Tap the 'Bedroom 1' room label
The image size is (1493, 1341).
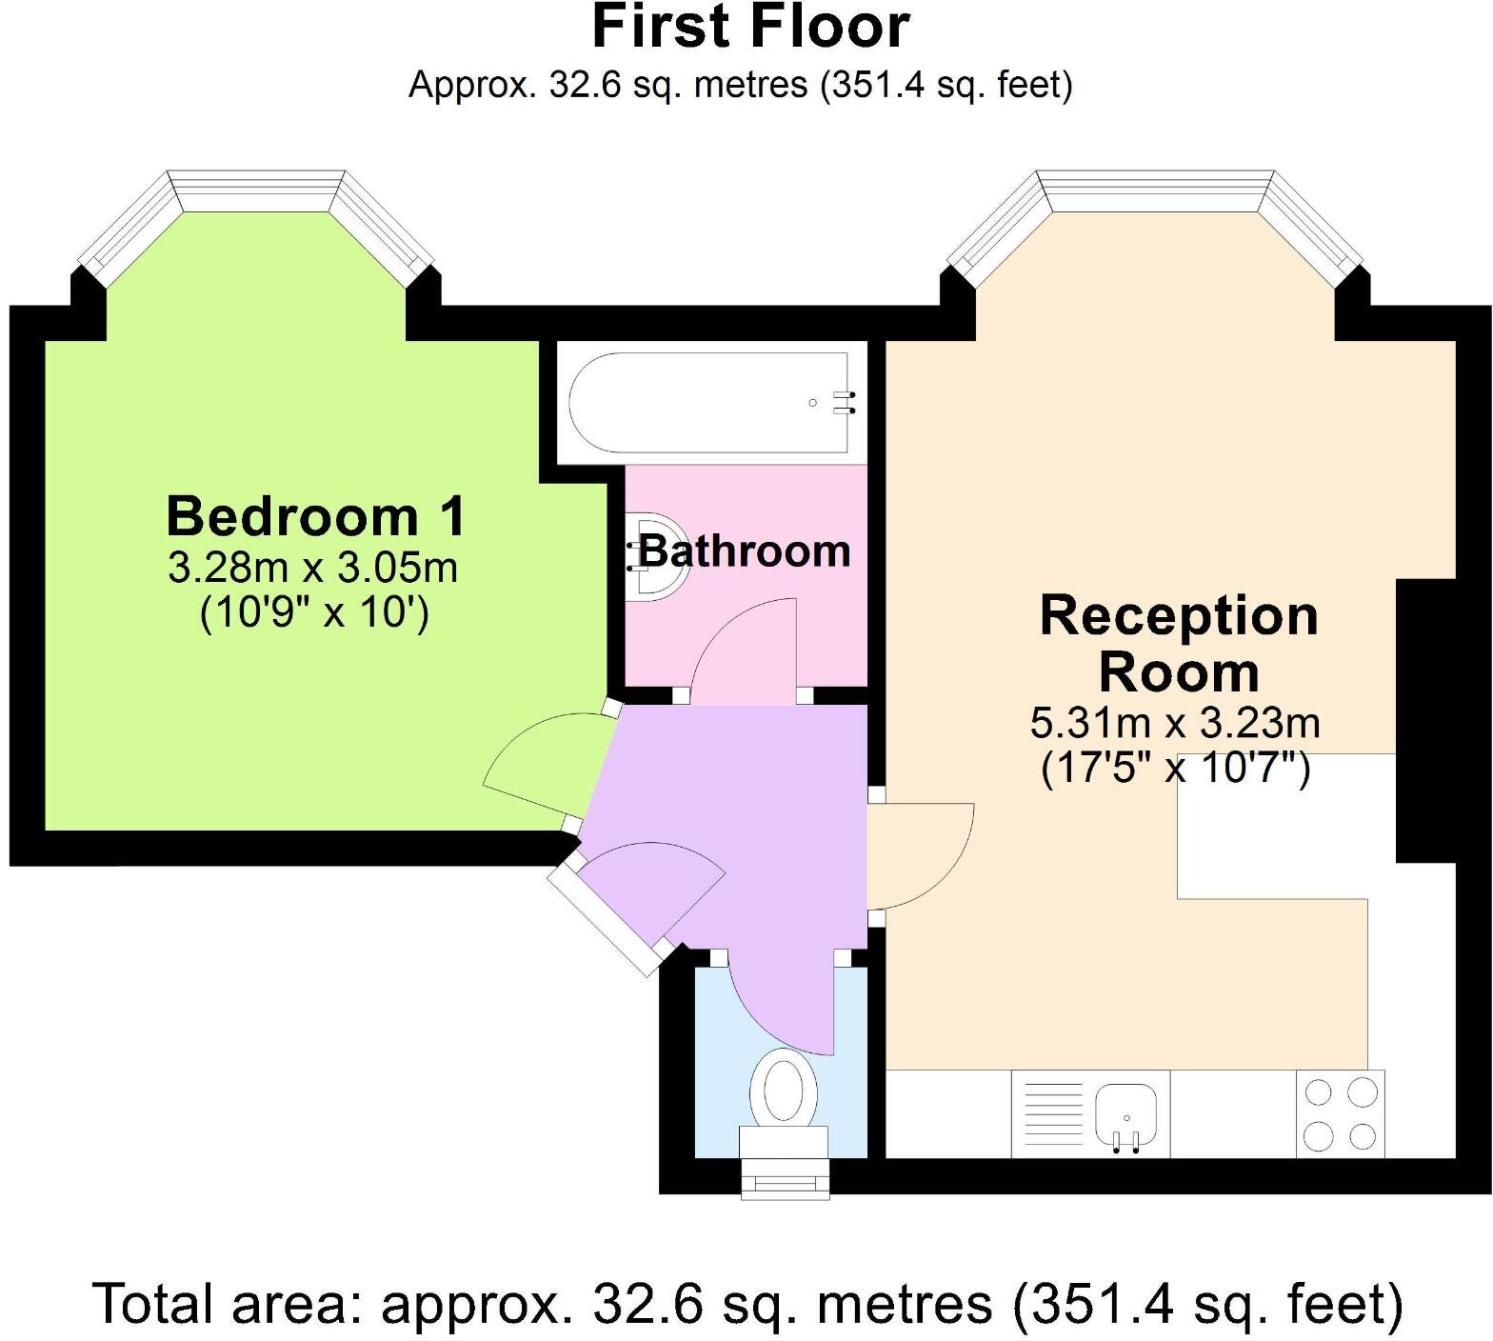(x=315, y=516)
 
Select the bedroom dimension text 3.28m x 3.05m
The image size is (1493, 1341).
(x=313, y=569)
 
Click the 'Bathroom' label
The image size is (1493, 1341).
(x=745, y=551)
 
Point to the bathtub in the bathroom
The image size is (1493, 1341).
(x=709, y=403)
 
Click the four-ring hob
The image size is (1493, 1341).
(x=1341, y=1113)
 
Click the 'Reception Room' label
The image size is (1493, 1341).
(x=1179, y=644)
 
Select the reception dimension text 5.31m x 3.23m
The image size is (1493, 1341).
(x=1175, y=724)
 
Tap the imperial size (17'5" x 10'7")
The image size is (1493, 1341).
(x=1175, y=768)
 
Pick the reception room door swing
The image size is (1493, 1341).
(x=924, y=852)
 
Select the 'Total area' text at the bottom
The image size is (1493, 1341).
(x=747, y=1305)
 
